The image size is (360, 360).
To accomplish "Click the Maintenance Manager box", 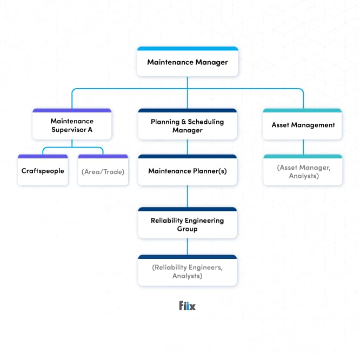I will (x=187, y=62).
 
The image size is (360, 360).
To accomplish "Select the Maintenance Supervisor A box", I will (x=72, y=125).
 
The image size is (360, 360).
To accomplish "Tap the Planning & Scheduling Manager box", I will (x=187, y=126).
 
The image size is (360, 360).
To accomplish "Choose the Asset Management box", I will (x=303, y=125).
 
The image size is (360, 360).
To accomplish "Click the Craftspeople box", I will (x=43, y=171).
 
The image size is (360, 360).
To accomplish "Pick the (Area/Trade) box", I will (x=103, y=171).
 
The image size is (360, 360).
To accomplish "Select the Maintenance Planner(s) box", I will (x=187, y=171).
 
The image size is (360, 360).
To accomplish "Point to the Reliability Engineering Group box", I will (x=187, y=224).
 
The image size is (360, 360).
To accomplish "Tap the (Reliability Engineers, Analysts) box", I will (x=187, y=271).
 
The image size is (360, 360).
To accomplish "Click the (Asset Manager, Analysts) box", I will (x=303, y=171).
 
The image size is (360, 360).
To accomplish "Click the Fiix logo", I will (x=187, y=306).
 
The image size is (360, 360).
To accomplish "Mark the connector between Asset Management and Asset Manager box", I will (x=303, y=146).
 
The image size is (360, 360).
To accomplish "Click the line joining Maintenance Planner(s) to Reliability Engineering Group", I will (x=187, y=196).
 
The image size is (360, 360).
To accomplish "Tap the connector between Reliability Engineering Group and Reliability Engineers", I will (x=187, y=246).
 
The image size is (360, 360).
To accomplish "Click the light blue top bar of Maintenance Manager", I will (x=187, y=49).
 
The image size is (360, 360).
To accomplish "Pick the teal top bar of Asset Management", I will (x=303, y=110).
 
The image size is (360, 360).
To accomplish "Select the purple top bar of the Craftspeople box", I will (x=43, y=156).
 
